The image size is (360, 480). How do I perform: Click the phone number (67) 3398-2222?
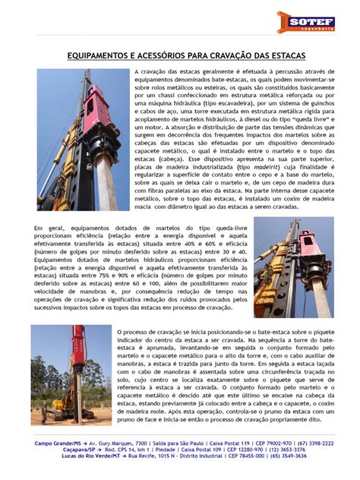[314, 442]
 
